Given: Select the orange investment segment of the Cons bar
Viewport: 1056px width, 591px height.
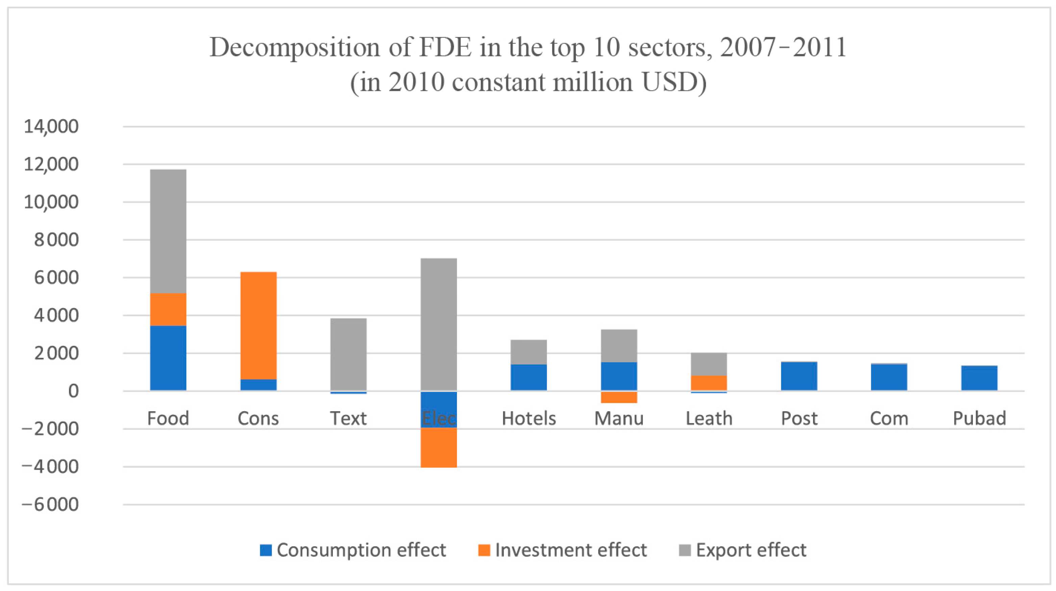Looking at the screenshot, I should tap(258, 325).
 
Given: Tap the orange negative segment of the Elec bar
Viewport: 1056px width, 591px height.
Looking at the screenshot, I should tap(439, 447).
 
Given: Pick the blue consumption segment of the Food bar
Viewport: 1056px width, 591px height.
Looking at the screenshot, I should tap(168, 358).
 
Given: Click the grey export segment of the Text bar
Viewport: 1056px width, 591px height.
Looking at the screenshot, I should tap(348, 354).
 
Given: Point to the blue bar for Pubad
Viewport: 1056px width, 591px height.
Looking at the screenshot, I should tap(979, 378).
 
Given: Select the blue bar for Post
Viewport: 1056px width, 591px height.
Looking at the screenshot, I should tap(799, 376).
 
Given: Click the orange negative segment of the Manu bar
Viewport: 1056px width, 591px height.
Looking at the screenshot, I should tap(619, 397).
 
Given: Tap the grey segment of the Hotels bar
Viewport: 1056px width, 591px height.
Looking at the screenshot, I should tap(529, 352).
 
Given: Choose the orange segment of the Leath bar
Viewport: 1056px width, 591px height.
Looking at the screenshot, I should tap(709, 383).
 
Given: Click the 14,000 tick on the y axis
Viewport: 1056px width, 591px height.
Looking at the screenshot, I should tap(51, 126).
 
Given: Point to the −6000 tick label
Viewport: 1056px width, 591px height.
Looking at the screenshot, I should tap(50, 504).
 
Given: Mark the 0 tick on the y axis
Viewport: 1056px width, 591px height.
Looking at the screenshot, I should tap(73, 391).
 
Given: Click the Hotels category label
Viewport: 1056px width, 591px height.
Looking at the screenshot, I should tap(529, 418).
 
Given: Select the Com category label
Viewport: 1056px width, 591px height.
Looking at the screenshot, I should tap(889, 418).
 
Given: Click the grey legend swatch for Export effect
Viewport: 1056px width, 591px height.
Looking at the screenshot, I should tap(685, 550).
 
